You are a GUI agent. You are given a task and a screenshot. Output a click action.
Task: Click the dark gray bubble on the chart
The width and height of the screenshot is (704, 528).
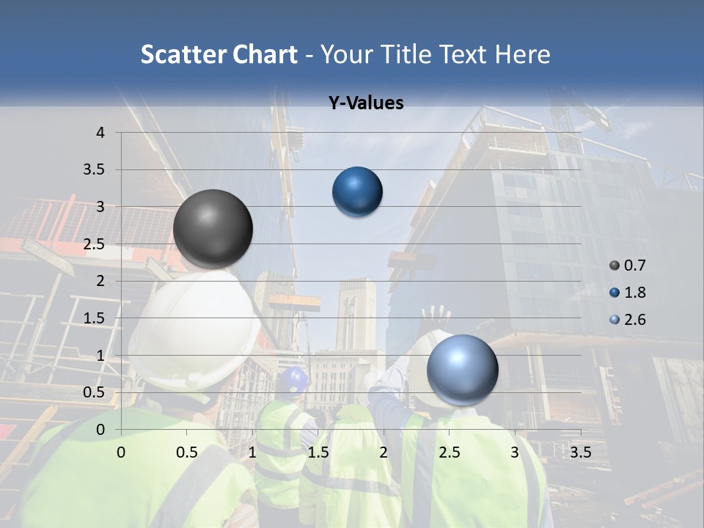pyautogui.click(x=213, y=229)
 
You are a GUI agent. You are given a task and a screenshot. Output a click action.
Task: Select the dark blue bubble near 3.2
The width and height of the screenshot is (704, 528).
pyautogui.click(x=357, y=192)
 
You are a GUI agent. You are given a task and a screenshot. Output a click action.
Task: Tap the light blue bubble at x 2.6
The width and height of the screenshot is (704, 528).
pyautogui.click(x=462, y=370)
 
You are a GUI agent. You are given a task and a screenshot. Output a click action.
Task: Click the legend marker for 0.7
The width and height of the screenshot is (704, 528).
pyautogui.click(x=615, y=265)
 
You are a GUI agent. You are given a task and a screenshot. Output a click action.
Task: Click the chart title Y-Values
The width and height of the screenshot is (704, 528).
pyautogui.click(x=366, y=103)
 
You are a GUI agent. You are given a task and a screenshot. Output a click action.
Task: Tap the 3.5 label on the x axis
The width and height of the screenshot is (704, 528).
pyautogui.click(x=580, y=452)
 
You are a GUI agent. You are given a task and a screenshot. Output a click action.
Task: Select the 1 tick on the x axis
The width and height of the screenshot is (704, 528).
pyautogui.click(x=252, y=452)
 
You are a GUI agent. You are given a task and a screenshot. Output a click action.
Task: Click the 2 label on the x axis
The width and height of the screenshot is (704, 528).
pyautogui.click(x=384, y=452)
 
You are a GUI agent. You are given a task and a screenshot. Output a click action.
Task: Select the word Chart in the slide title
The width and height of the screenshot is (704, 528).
pyautogui.click(x=265, y=54)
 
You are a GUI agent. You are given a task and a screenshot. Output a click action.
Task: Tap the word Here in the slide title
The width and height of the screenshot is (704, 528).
pyautogui.click(x=522, y=54)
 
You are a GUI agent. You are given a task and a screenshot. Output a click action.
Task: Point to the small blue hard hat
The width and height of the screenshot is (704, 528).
pyautogui.click(x=295, y=378)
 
